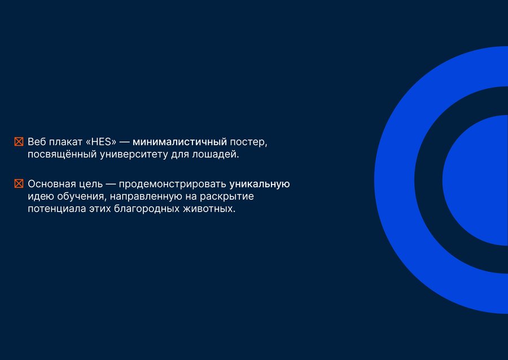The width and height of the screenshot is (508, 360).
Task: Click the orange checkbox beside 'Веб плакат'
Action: (19, 142)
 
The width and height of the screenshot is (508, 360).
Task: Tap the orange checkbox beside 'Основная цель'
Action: (19, 183)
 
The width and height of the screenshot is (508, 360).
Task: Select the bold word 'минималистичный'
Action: (180, 142)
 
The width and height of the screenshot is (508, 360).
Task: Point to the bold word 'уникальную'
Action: (260, 184)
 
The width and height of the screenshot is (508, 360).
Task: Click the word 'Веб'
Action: (36, 142)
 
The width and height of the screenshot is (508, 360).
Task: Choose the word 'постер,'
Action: (248, 142)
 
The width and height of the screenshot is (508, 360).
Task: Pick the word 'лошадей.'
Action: (216, 155)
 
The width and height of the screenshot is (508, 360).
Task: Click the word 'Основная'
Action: (52, 184)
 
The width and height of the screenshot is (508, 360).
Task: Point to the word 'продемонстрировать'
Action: (173, 184)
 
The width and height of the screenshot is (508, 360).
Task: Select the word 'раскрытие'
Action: (227, 197)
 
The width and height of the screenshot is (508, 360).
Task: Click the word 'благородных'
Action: (147, 209)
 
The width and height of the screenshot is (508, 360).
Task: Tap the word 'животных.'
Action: (209, 209)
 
